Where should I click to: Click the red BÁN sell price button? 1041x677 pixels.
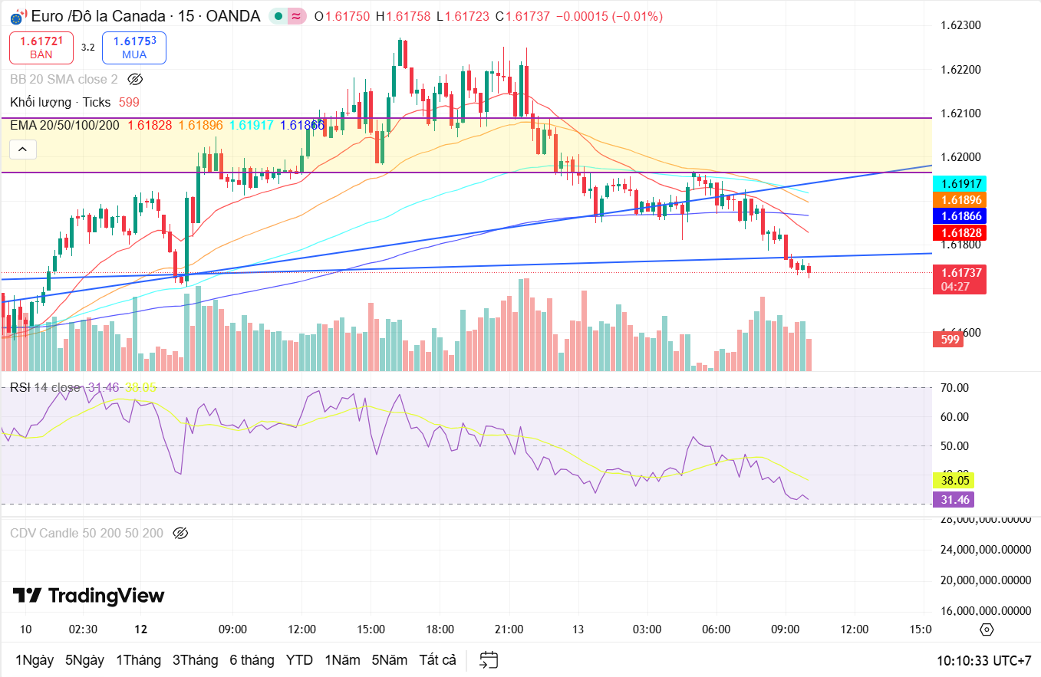(41, 48)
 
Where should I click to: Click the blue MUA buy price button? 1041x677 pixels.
(134, 48)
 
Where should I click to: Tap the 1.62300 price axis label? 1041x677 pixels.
(960, 25)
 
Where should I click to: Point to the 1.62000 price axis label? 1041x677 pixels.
(960, 157)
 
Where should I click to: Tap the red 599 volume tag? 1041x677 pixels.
(951, 339)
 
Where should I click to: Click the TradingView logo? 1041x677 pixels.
(88, 596)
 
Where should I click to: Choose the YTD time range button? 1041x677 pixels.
(299, 660)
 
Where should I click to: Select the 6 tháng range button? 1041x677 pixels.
(252, 660)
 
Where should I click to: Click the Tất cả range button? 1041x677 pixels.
(437, 660)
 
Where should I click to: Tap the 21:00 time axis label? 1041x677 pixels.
(509, 629)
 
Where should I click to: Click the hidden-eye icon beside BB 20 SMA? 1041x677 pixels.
(135, 79)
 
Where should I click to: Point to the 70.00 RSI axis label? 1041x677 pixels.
(954, 388)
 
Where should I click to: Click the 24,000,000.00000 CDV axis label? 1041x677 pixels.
(985, 550)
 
